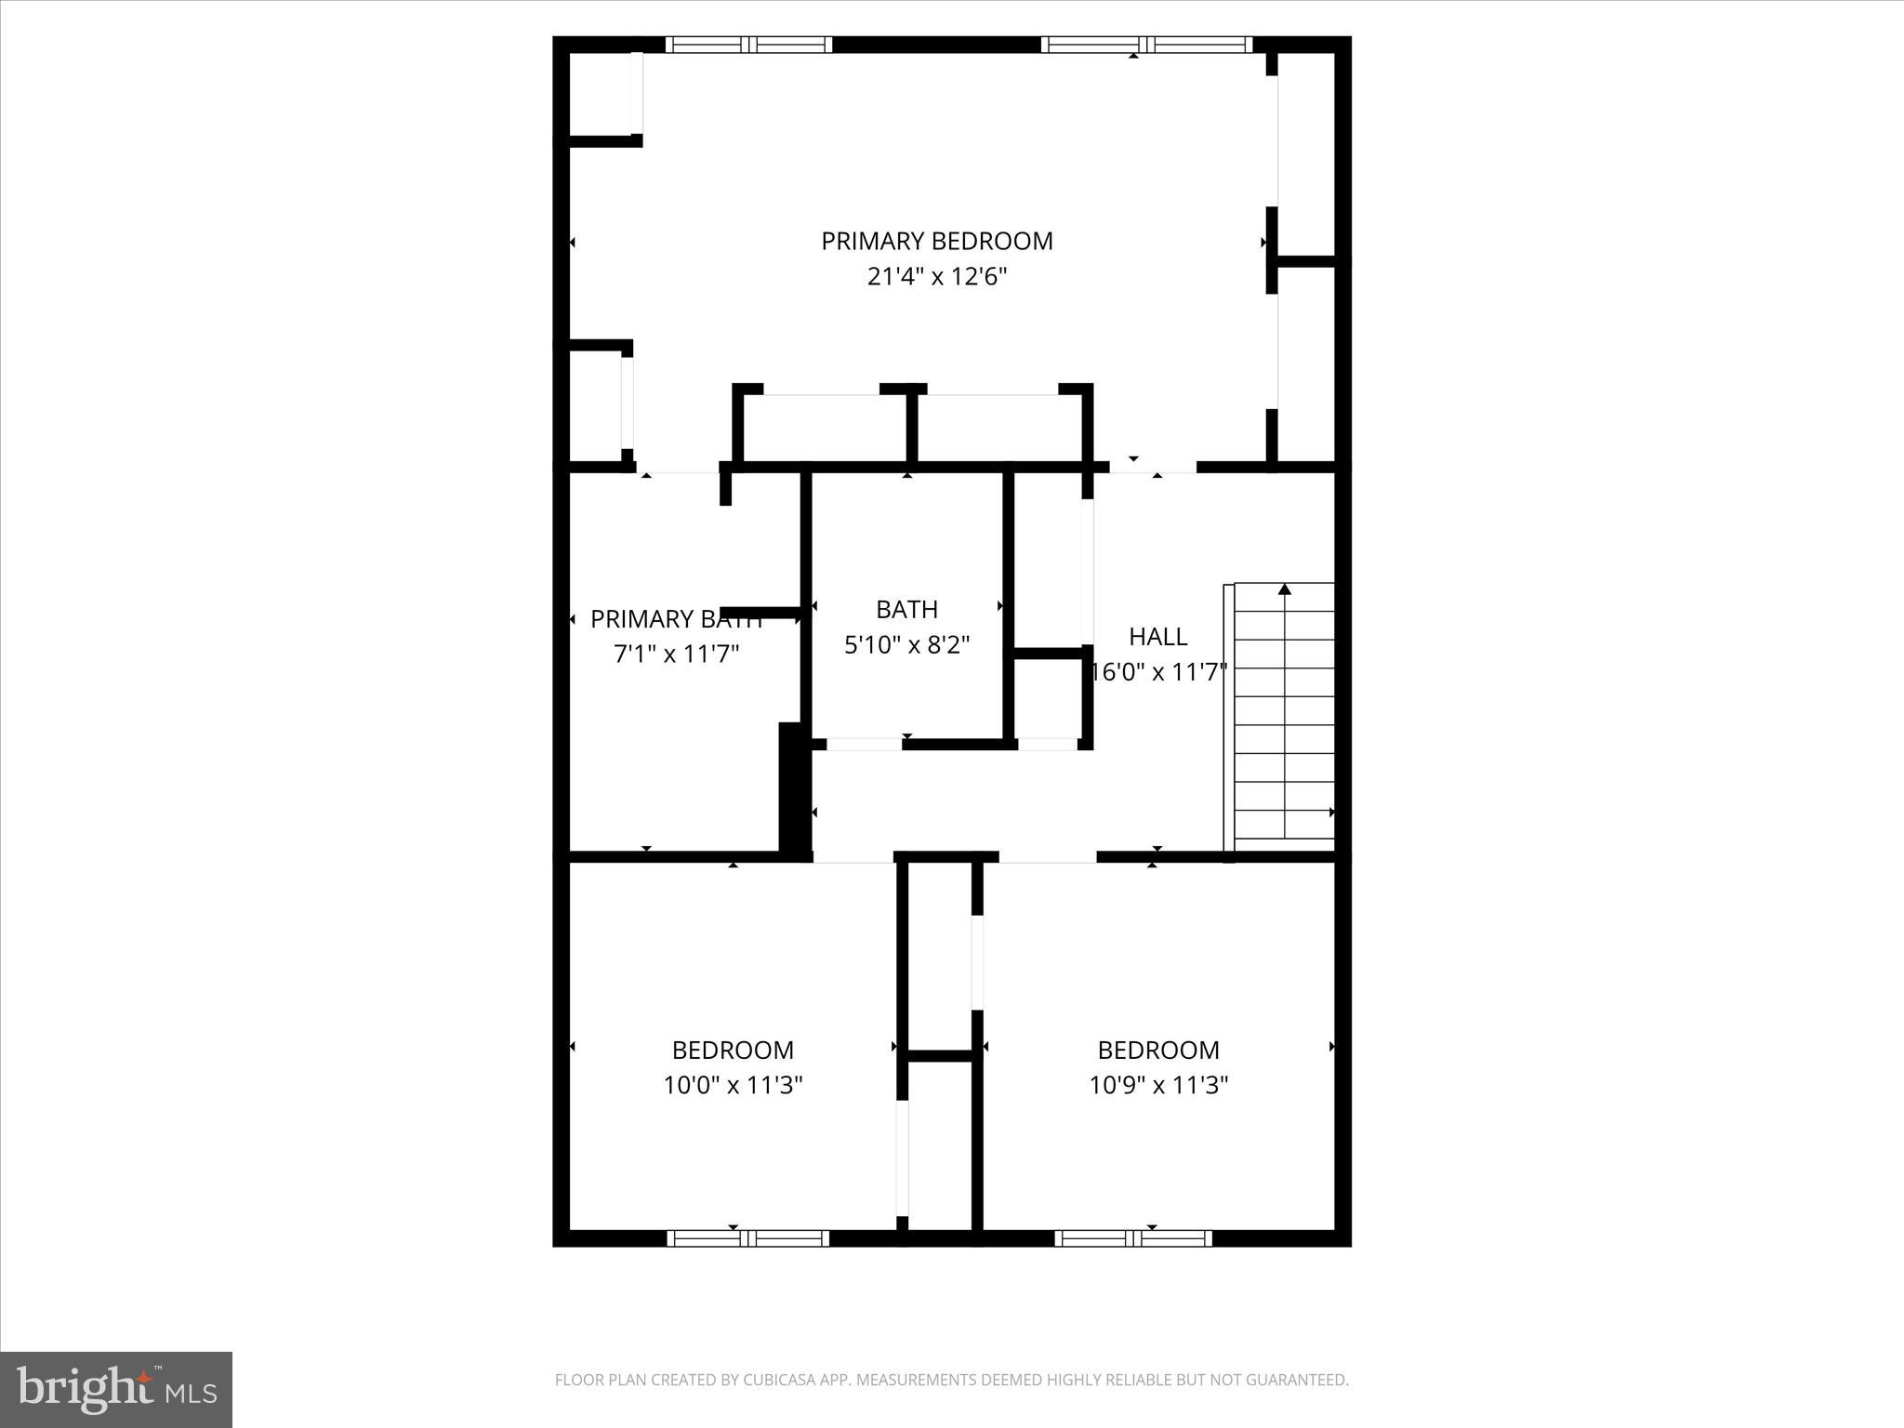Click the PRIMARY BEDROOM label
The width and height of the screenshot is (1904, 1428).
pyautogui.click(x=936, y=241)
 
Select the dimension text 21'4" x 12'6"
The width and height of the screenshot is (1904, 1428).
pyautogui.click(x=936, y=277)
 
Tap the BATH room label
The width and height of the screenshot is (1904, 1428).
pyautogui.click(x=906, y=609)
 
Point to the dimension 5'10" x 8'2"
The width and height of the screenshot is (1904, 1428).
pyautogui.click(x=906, y=644)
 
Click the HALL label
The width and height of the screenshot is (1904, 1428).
pyautogui.click(x=1157, y=636)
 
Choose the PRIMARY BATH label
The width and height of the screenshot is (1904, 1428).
pyautogui.click(x=676, y=619)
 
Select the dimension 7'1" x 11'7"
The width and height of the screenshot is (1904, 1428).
pyautogui.click(x=676, y=654)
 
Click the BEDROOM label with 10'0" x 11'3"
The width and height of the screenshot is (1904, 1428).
pyautogui.click(x=733, y=1050)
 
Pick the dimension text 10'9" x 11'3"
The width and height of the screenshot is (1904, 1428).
pyautogui.click(x=1158, y=1085)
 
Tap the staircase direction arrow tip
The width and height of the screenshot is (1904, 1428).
pyautogui.click(x=1285, y=588)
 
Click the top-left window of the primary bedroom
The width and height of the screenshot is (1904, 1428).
pyautogui.click(x=748, y=44)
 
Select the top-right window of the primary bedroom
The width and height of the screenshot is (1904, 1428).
pyautogui.click(x=1146, y=44)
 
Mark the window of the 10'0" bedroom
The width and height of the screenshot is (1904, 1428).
pyautogui.click(x=747, y=1237)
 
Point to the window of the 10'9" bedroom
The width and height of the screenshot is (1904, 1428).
pyautogui.click(x=1132, y=1237)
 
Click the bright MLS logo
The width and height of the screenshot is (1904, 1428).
pyautogui.click(x=116, y=1389)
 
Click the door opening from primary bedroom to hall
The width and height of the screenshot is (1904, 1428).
pyautogui.click(x=1152, y=467)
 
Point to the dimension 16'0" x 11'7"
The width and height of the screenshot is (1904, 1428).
pyautogui.click(x=1158, y=671)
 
